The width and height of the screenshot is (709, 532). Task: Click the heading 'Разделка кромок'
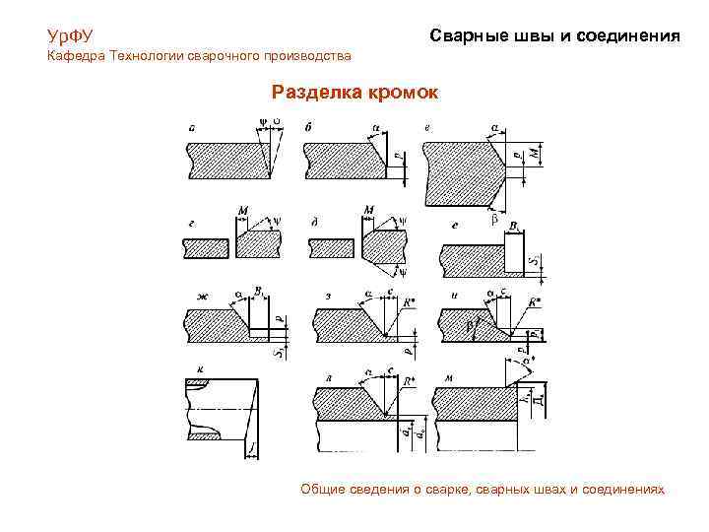tap(356, 92)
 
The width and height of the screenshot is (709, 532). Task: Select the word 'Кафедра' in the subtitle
tap(77, 56)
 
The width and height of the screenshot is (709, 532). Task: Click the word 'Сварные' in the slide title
tap(467, 35)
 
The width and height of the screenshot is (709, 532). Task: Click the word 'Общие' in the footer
tap(325, 489)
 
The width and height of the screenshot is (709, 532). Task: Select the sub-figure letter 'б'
tap(309, 127)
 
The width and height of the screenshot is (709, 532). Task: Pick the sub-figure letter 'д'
tap(313, 224)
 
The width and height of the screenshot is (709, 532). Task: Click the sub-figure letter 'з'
tap(327, 295)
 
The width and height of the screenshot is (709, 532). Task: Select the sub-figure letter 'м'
tap(449, 377)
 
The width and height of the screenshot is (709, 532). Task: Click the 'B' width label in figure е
tap(514, 226)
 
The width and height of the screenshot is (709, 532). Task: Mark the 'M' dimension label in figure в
tap(537, 154)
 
